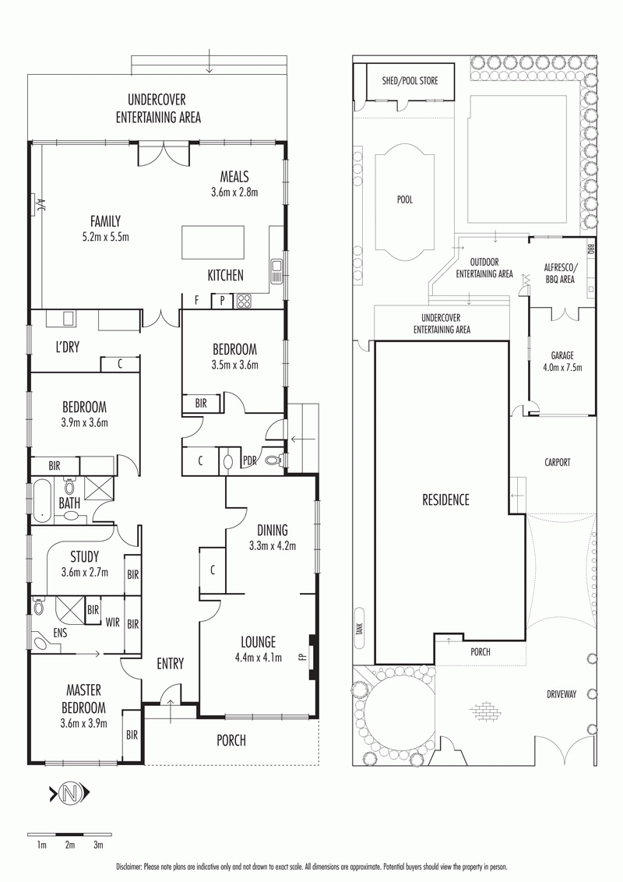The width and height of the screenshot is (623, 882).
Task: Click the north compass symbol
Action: coord(70,794)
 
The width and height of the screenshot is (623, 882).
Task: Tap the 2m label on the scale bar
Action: coord(70,845)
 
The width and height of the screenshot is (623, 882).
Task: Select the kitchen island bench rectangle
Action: coord(213,242)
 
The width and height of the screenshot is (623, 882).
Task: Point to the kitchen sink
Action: coord(276,270)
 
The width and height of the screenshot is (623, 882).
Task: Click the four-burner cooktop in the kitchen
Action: coord(245,301)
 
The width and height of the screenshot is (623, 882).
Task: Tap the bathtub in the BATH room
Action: coord(41,501)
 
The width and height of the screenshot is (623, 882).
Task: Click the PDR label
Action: coord(249,460)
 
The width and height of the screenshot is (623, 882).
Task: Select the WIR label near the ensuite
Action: coord(112,622)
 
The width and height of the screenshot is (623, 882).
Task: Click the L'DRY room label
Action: coord(68,347)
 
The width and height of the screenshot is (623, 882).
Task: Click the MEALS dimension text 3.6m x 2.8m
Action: coord(234,192)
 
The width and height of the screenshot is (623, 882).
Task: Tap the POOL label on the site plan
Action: coord(405,199)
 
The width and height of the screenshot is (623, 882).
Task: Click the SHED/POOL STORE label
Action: coord(410,81)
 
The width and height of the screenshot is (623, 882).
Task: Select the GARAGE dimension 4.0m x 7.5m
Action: coord(562,368)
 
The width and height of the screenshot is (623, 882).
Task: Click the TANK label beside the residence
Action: coord(359,628)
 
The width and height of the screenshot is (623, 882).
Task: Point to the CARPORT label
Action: coord(558,462)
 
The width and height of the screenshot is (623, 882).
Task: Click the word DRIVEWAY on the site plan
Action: coord(561,694)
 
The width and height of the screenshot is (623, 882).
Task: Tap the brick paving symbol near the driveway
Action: coord(484,711)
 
